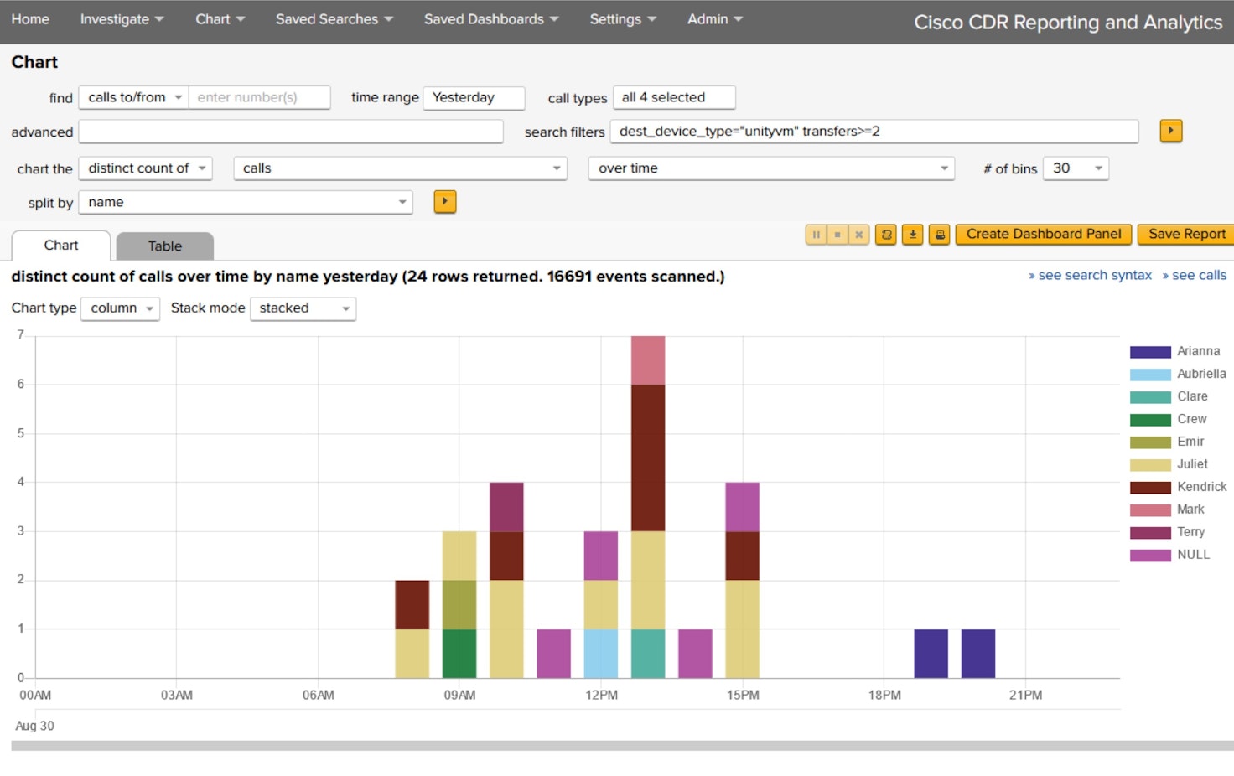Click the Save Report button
point(1185,235)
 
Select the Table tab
point(165,246)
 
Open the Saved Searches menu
point(334,19)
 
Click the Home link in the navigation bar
point(30,19)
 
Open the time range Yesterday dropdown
point(474,98)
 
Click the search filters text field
point(874,132)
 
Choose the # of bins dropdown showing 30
point(1076,168)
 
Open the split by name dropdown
point(246,203)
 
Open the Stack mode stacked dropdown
point(303,308)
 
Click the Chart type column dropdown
point(120,308)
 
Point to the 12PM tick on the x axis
point(601,696)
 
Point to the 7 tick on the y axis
point(21,335)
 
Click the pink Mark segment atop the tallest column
point(648,360)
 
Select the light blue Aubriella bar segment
point(601,654)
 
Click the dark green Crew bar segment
point(459,654)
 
